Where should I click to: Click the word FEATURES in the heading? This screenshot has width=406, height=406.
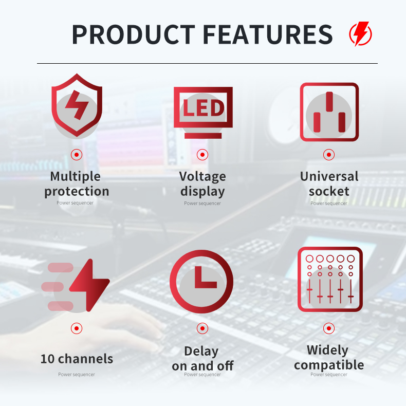tap(268, 34)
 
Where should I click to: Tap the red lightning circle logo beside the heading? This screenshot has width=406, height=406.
tap(361, 34)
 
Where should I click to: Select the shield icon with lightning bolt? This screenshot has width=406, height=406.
tap(77, 106)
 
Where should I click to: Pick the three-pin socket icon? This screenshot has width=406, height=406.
tap(329, 112)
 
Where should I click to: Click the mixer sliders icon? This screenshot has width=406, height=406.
tap(329, 280)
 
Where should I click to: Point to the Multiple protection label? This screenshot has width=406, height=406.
tap(77, 184)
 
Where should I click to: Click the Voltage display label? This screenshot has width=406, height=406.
tap(202, 184)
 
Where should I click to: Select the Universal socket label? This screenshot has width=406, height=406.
tap(329, 184)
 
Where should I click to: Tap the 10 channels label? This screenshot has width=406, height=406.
tap(77, 359)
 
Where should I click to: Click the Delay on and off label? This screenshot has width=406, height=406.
tap(202, 359)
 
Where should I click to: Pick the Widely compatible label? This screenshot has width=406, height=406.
tap(329, 358)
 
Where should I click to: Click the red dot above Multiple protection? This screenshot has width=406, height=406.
tap(77, 155)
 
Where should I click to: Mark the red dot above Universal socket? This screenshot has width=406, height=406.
tap(329, 155)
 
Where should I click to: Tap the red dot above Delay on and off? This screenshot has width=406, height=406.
tap(202, 328)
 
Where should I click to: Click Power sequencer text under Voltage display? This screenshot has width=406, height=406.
tap(202, 204)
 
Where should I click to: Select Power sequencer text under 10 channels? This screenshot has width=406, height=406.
tap(77, 375)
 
